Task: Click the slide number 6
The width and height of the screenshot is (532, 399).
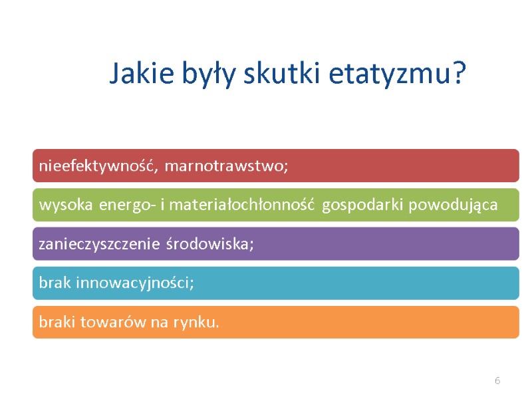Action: (497, 380)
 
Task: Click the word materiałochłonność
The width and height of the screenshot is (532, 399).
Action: (242, 205)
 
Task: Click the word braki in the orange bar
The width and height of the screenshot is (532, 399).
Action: (58, 323)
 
